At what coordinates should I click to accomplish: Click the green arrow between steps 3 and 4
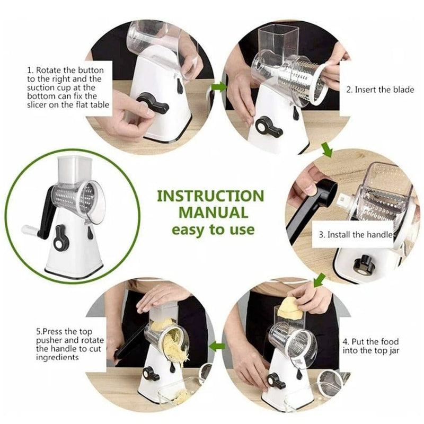[320, 279]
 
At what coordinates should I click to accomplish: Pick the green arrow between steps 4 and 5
[217, 347]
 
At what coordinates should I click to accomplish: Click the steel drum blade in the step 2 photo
[299, 82]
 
